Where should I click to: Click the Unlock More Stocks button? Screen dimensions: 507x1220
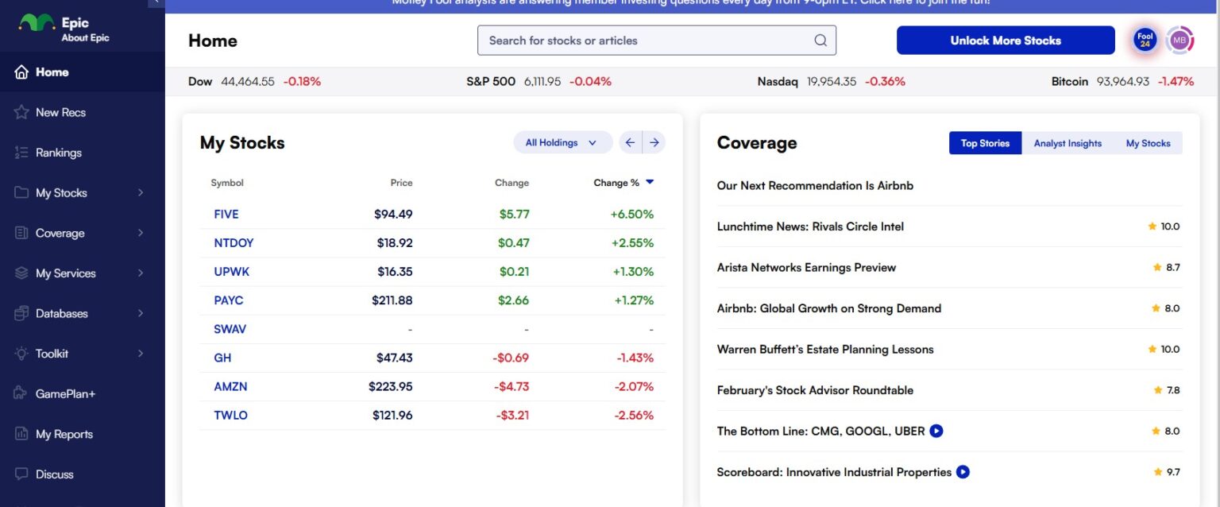tap(1006, 41)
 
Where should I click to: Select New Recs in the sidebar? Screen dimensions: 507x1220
tap(60, 112)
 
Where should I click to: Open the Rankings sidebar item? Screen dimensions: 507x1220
tap(58, 153)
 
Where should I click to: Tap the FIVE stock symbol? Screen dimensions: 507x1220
tap(226, 214)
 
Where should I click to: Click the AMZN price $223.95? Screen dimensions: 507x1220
tap(391, 386)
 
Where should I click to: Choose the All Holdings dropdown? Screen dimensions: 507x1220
tap(562, 142)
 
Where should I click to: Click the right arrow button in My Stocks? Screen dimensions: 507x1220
tap(654, 142)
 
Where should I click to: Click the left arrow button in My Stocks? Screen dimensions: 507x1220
tap(630, 142)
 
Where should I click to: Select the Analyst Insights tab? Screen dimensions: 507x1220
tap(1067, 143)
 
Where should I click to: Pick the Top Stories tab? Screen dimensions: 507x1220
tap(985, 143)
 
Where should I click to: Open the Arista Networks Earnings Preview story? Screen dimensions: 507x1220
tap(806, 267)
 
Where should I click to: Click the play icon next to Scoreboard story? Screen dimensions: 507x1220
tap(963, 472)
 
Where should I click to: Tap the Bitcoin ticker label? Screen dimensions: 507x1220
tap(1069, 81)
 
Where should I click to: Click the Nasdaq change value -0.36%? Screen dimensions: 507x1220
tap(885, 81)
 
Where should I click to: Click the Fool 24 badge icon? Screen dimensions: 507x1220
tap(1145, 41)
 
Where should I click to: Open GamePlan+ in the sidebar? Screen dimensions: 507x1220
tap(65, 393)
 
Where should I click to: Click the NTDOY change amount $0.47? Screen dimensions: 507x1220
tap(514, 242)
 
